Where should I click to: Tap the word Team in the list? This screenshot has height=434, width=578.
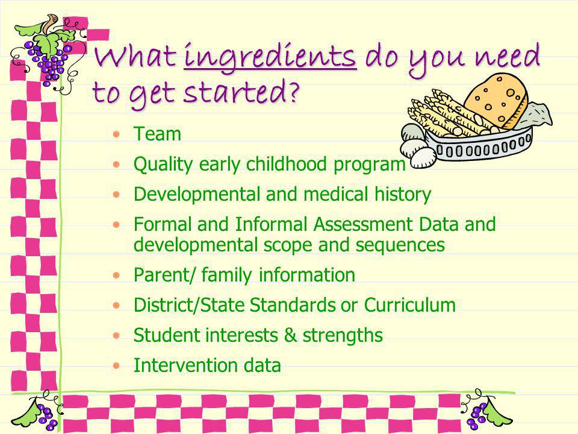tap(157, 134)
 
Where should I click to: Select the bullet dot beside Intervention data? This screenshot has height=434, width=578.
tap(116, 366)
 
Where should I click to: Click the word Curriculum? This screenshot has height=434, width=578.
tap(409, 305)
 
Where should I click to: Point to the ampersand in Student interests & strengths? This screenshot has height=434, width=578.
tap(290, 335)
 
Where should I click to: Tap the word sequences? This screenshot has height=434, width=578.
tap(400, 245)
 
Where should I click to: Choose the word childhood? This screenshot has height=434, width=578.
tap(287, 164)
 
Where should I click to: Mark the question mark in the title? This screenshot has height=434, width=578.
tap(293, 92)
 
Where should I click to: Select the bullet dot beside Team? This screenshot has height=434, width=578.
tap(116, 134)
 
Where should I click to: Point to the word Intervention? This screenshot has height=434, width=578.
tap(185, 365)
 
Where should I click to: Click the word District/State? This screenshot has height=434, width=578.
tap(188, 305)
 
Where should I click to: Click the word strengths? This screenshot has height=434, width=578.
tap(343, 336)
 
